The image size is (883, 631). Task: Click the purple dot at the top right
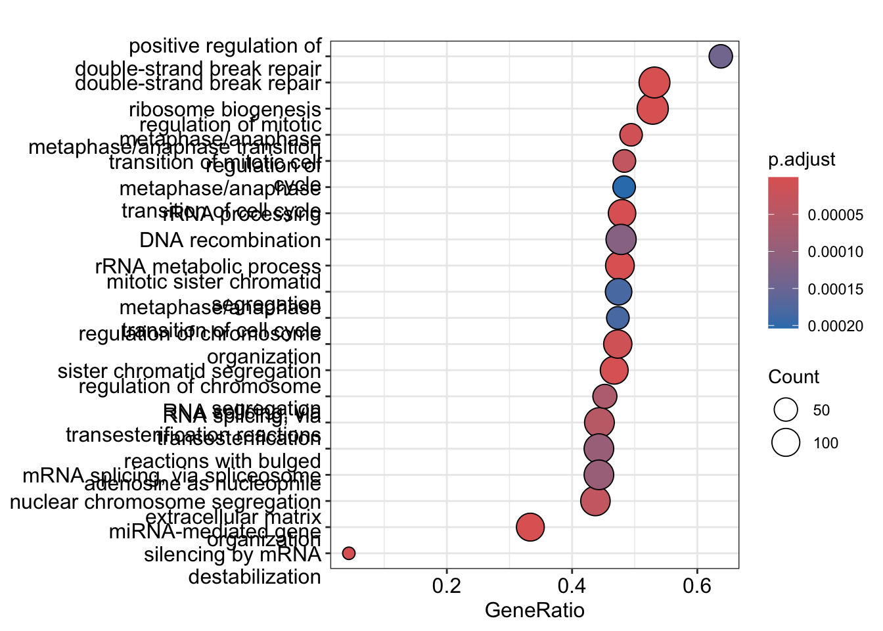721,57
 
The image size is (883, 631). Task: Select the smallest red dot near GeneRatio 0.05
349,553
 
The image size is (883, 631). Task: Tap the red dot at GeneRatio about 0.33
530,527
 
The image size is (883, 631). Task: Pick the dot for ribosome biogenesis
653,108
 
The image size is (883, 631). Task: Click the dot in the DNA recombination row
621,240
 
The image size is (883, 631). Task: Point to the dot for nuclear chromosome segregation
595,501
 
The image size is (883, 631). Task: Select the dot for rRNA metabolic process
620,266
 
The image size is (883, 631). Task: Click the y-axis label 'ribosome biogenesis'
225,109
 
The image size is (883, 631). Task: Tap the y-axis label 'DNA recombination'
230,241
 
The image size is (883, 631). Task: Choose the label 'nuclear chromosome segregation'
165,502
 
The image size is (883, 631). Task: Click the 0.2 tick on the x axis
447,586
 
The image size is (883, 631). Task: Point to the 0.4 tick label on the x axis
572,586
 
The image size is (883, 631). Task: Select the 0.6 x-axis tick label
697,586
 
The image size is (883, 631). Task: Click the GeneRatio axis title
534,611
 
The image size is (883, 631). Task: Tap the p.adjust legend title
802,160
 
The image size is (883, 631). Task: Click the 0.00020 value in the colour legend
836,327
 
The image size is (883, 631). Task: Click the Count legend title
794,377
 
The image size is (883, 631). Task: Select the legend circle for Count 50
786,410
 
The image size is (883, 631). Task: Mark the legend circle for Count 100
786,442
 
